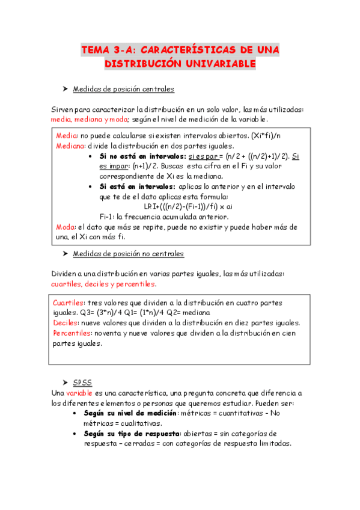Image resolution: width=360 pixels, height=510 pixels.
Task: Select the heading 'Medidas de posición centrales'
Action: (123, 89)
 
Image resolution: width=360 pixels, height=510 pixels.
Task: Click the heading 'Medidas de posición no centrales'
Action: (128, 254)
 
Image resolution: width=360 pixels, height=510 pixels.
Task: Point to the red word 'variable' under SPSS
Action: (79, 392)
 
